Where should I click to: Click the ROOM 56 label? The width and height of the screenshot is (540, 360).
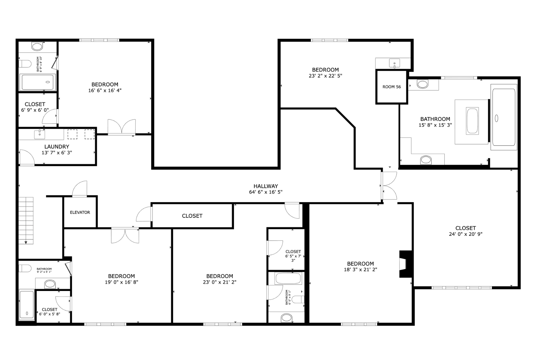391,87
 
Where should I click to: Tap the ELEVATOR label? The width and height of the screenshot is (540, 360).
80,212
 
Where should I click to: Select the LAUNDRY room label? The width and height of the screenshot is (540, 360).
57,147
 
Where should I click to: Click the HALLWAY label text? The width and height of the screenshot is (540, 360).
266,186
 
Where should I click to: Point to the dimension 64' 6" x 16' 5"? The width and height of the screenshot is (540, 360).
266,192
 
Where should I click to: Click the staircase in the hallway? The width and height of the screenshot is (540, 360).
26,220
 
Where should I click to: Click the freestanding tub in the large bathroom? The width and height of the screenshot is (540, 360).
472,121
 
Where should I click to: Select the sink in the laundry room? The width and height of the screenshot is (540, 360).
40,134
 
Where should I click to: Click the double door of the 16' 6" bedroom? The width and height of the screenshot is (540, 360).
121,127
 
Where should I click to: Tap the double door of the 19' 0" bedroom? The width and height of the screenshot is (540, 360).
125,235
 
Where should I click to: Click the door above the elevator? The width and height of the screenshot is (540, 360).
80,189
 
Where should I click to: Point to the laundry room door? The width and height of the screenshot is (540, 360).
27,157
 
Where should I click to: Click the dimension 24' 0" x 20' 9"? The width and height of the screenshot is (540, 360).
466,234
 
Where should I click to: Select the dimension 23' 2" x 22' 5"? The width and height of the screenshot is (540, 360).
325,76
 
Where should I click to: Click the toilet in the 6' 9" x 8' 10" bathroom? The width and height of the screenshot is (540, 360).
25,64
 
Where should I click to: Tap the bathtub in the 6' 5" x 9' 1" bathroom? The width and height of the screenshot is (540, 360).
288,278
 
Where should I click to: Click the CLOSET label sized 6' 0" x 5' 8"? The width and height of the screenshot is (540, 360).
50,310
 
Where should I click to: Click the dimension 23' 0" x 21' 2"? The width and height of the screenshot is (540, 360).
220,282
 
